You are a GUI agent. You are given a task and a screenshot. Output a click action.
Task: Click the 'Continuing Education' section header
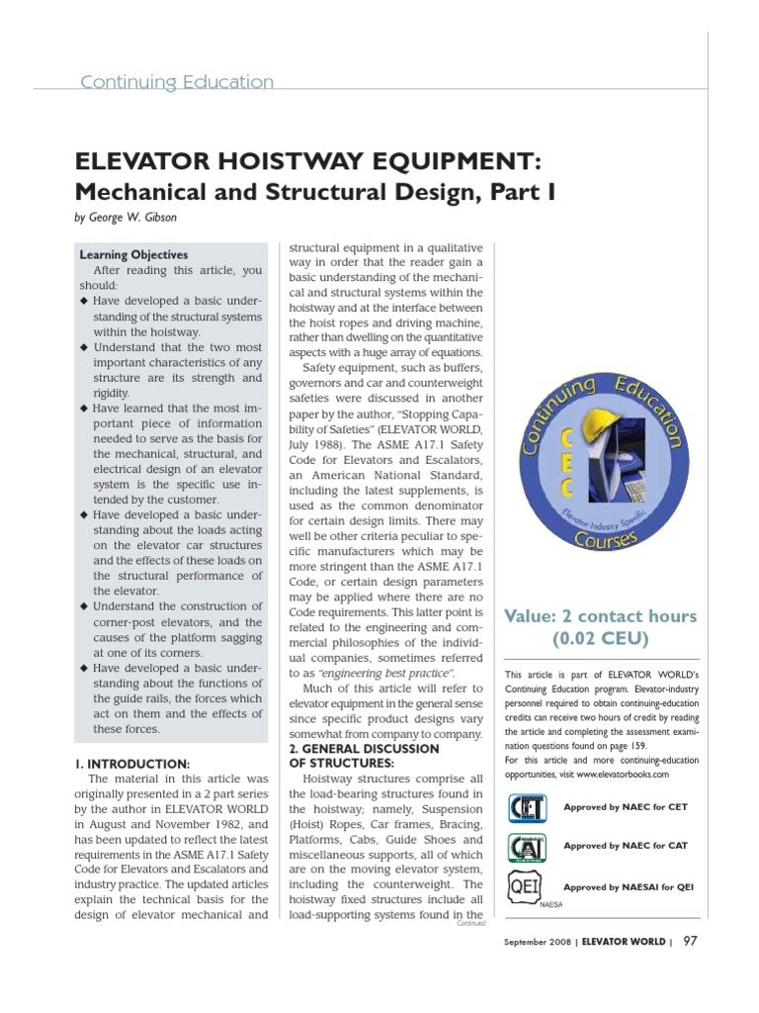click(177, 82)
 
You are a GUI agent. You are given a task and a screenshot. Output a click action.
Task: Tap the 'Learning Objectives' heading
click(133, 254)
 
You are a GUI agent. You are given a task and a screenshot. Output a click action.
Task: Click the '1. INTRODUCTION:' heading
click(132, 763)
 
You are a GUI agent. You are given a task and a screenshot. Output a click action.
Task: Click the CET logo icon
click(528, 808)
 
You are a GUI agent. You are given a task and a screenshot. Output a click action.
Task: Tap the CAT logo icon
click(528, 847)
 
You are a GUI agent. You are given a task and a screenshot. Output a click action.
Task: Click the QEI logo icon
click(528, 886)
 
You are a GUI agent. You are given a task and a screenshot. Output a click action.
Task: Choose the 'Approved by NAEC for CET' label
click(625, 807)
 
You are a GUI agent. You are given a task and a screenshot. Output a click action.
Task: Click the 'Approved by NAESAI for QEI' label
click(629, 886)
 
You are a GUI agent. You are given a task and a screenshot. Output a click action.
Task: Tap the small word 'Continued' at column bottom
click(472, 923)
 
